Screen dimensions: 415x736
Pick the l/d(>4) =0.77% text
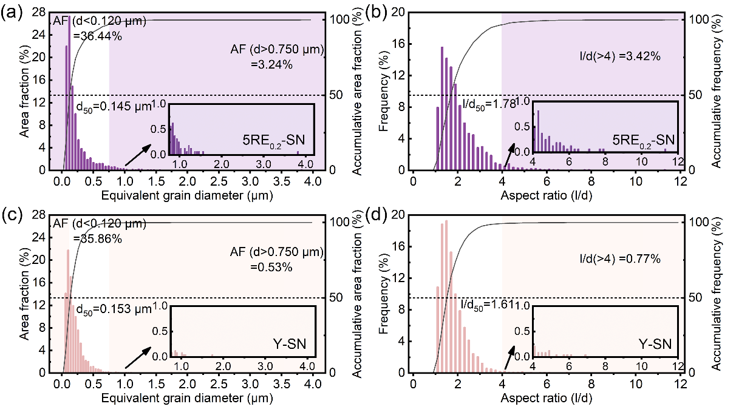click(619, 259)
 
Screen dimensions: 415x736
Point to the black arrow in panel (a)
click(138, 154)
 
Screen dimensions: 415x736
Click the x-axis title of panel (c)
click(187, 399)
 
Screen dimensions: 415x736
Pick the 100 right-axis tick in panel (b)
click(695, 19)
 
